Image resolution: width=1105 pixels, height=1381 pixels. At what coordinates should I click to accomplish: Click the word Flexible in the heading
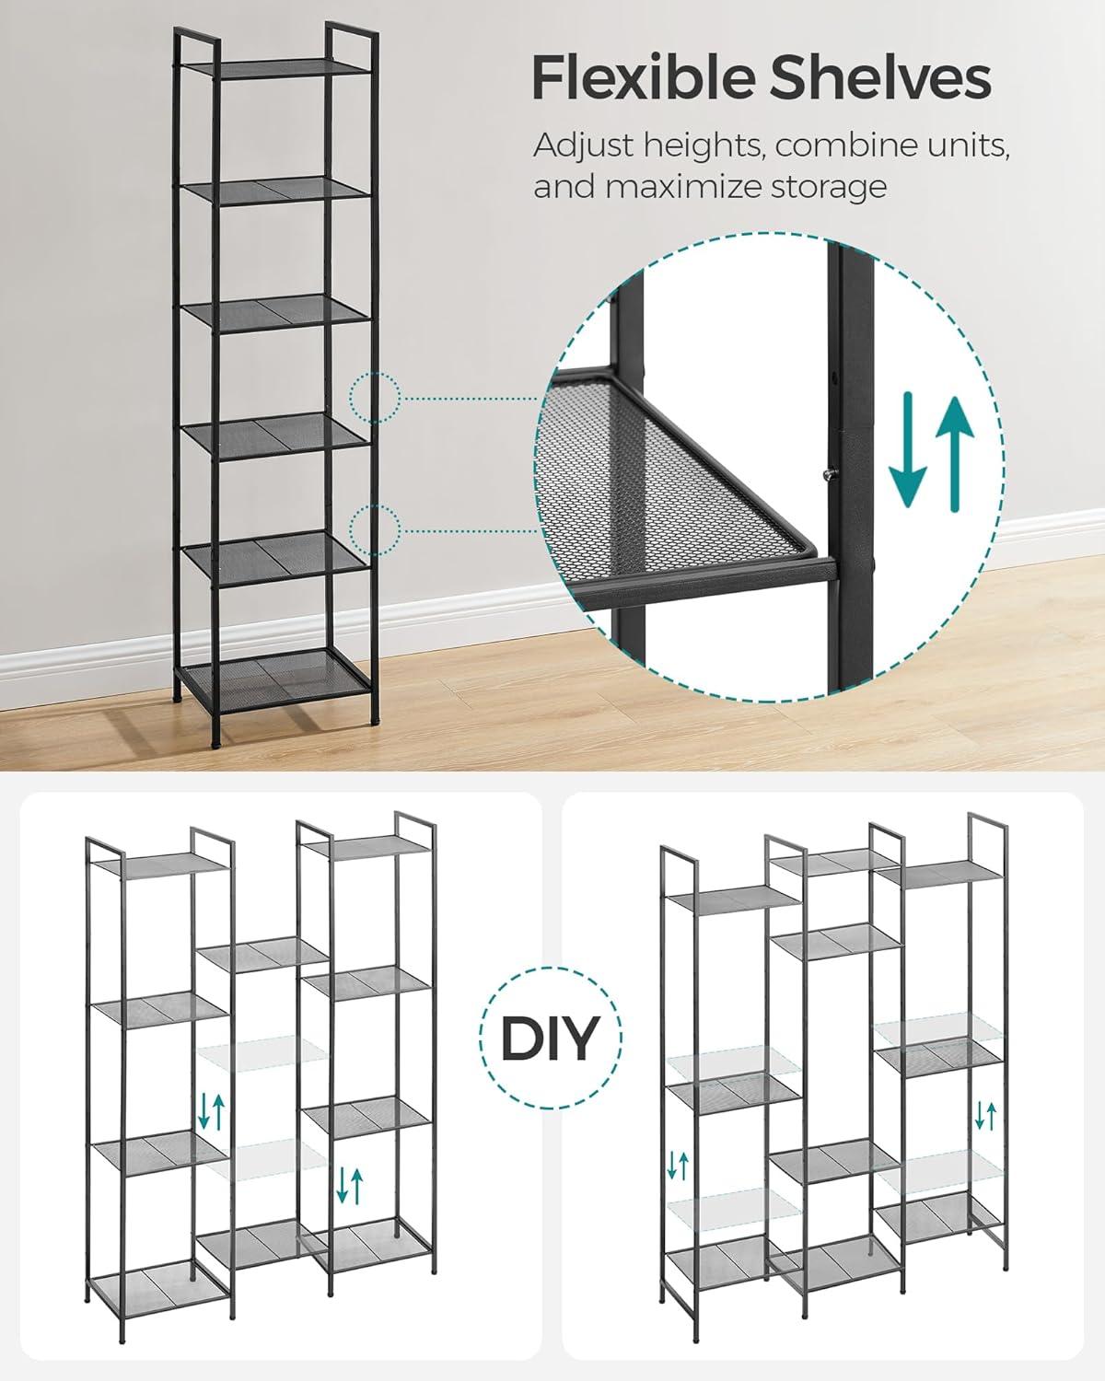pyautogui.click(x=643, y=77)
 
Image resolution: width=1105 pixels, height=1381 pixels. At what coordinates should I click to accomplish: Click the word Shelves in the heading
pyautogui.click(x=880, y=77)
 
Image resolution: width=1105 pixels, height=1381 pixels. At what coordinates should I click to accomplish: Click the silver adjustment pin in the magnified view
pyautogui.click(x=828, y=475)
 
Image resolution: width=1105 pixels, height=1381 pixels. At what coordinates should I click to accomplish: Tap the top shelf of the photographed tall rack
pyautogui.click(x=276, y=66)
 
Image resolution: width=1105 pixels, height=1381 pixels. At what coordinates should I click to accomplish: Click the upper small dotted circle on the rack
pyautogui.click(x=375, y=398)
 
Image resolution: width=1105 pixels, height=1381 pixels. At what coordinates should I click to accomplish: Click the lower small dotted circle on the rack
pyautogui.click(x=375, y=530)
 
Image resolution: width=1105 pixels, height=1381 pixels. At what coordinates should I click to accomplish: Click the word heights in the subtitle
pyautogui.click(x=702, y=147)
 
